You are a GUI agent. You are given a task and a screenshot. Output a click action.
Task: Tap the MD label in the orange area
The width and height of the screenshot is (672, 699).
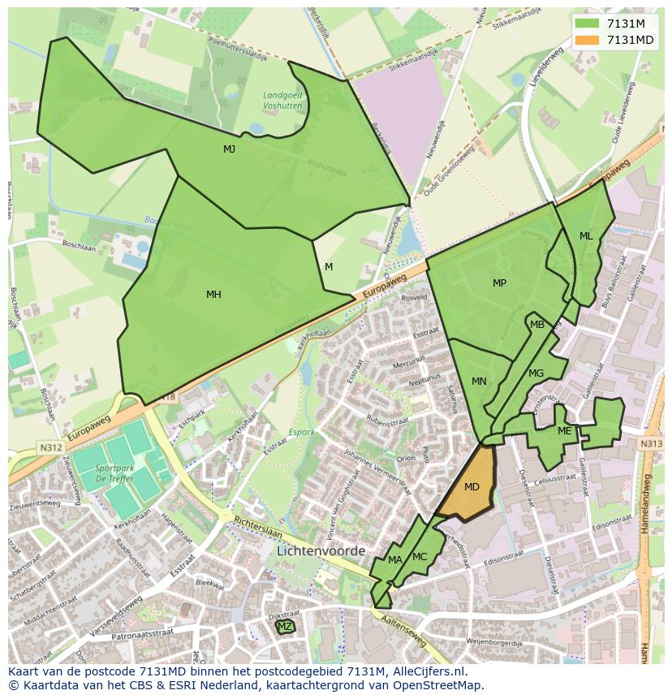pyautogui.click(x=472, y=487)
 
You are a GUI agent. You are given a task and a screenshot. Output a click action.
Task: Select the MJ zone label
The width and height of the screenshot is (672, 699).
pyautogui.click(x=229, y=149)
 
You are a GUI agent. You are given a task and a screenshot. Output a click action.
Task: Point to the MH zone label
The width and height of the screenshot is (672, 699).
pyautogui.click(x=213, y=295)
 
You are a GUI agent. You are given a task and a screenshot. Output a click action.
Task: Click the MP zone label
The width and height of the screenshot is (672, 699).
pyautogui.click(x=499, y=283)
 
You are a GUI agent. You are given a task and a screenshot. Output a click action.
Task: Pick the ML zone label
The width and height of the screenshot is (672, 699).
pyautogui.click(x=586, y=236)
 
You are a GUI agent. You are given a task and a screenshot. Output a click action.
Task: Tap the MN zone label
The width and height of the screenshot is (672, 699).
pyautogui.click(x=479, y=382)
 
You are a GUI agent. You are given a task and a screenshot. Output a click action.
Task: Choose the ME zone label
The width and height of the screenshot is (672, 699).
pyautogui.click(x=564, y=431)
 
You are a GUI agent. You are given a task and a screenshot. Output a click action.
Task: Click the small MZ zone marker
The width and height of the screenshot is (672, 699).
pyautogui.click(x=285, y=627)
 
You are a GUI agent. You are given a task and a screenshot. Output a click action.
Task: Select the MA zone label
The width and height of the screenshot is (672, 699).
pyautogui.click(x=395, y=560)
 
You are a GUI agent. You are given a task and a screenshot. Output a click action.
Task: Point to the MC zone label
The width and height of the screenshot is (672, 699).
pyautogui.click(x=420, y=557)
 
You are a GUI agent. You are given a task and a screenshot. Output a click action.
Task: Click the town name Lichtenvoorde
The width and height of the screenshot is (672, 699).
pyautogui.click(x=321, y=550)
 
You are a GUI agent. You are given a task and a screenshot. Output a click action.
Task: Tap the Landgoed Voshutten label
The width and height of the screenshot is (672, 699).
pyautogui.click(x=282, y=100)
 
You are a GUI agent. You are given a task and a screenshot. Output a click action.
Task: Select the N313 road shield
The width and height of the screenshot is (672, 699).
pyautogui.click(x=650, y=444)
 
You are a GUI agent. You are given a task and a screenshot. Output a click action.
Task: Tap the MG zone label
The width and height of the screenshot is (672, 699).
pyautogui.click(x=536, y=373)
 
